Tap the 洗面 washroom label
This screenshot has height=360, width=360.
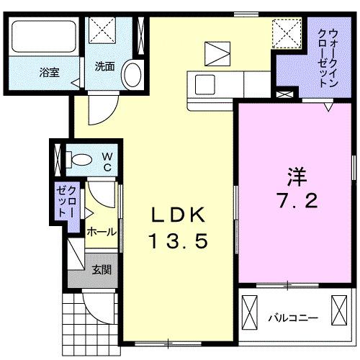click(104, 67)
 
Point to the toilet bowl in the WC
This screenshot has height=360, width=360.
click(80, 160)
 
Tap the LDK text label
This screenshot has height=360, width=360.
click(179, 215)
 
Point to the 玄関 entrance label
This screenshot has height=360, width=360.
click(102, 270)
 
